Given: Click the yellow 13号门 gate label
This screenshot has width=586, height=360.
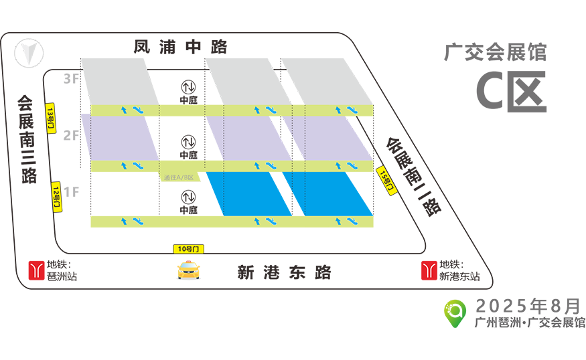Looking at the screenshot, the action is [50, 118].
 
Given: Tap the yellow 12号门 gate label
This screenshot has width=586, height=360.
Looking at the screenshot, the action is [56, 197].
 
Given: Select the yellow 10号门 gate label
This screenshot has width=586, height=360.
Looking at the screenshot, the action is [188, 249].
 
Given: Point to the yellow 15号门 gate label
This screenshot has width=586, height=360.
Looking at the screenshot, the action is [386, 181].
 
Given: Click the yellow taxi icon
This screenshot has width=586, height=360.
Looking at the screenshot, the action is [189, 270].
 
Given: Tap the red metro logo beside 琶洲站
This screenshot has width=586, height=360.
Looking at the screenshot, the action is [36, 271].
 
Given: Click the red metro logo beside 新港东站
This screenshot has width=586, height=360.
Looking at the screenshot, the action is [429, 271].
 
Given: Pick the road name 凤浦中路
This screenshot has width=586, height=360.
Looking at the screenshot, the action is [181, 47].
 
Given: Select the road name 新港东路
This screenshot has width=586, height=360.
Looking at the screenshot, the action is [284, 272].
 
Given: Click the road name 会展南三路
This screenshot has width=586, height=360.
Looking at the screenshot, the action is [27, 139].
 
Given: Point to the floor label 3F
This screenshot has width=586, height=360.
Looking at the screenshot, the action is [71, 79].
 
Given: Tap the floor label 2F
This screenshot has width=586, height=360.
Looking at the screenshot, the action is [71, 135].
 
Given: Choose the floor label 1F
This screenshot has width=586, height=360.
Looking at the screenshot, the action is [71, 192].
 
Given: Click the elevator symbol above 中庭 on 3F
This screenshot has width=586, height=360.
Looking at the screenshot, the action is [188, 87].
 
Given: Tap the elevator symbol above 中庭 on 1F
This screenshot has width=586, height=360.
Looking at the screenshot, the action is [188, 197].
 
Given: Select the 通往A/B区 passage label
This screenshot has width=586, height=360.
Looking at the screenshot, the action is [179, 177].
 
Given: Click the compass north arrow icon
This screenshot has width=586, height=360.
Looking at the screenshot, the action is [29, 53].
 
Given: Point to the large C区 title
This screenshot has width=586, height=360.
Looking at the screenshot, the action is [511, 92].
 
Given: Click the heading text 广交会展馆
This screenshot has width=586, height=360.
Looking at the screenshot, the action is [496, 52].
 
